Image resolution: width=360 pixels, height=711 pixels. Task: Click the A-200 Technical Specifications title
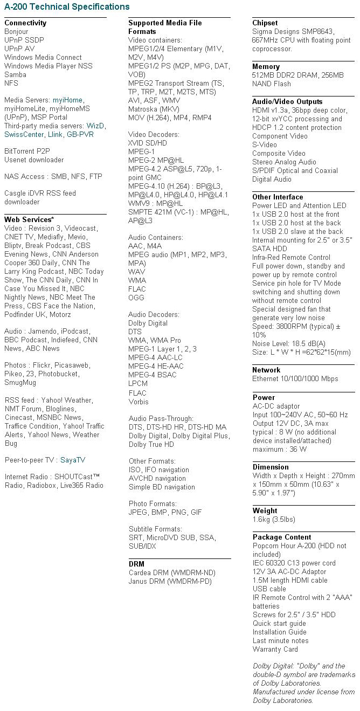pos(67,7)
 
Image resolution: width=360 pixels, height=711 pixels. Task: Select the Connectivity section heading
pos(25,23)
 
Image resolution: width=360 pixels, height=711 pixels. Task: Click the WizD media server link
pos(96,126)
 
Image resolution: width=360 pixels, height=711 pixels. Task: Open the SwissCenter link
pos(24,134)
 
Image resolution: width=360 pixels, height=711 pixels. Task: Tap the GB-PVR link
pos(79,134)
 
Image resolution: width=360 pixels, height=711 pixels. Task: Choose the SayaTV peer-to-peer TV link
pos(73,460)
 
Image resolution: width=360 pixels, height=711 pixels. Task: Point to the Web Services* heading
pos(29,219)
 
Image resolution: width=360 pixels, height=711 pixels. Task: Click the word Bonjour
pos(16,31)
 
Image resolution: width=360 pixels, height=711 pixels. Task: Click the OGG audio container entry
pos(137,298)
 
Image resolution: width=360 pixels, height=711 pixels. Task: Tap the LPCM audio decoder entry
pos(138,384)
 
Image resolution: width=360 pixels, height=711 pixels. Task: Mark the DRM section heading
pos(136,564)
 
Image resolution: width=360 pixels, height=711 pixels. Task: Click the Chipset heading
pos(265,23)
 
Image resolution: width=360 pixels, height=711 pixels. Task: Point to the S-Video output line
pos(265,144)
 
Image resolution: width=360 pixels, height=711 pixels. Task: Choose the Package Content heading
pos(282,537)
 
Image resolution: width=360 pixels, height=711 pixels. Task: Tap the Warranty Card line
pos(275,649)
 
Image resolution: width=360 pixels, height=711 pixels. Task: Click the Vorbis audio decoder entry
pos(139,401)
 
